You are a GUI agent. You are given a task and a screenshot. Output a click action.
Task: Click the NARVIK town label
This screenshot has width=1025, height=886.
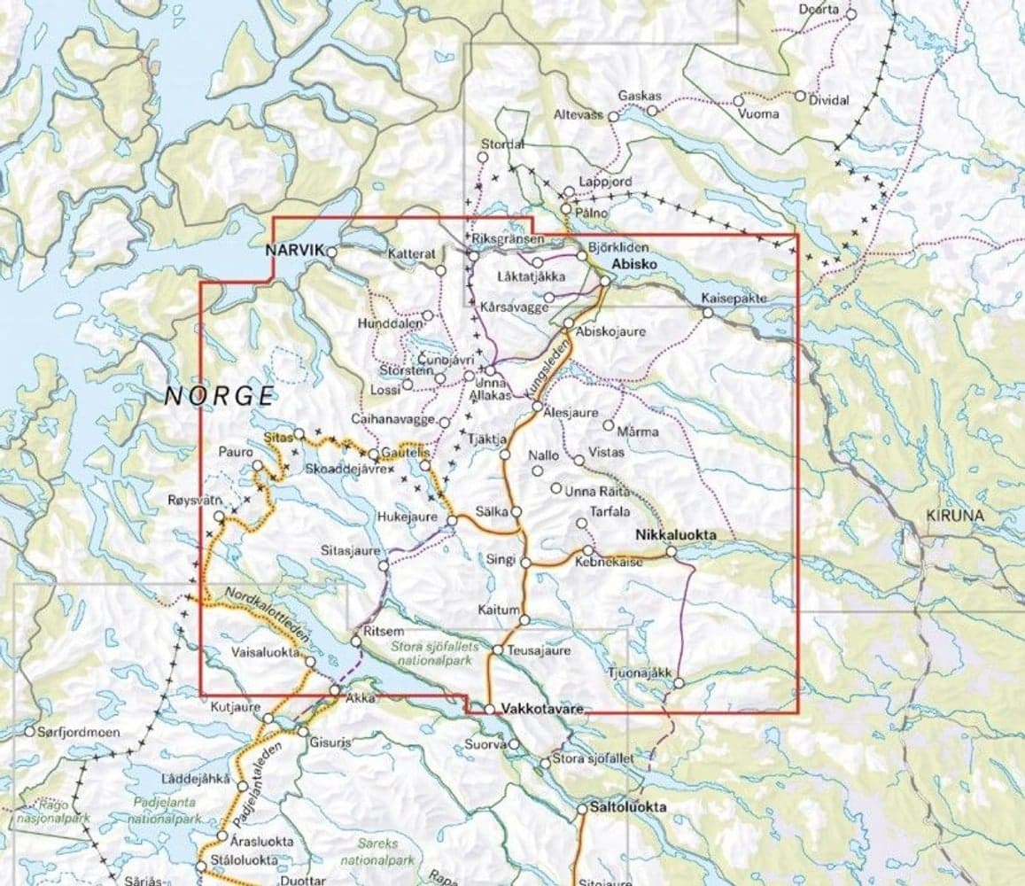296,252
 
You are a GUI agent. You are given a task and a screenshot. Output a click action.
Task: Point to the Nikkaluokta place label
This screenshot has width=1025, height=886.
674,536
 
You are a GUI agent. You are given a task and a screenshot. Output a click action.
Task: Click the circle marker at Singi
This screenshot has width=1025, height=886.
525,563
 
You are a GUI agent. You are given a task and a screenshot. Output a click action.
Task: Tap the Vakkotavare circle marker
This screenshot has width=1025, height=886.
489,709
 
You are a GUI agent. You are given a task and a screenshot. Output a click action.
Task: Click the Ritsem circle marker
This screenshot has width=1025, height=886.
357,641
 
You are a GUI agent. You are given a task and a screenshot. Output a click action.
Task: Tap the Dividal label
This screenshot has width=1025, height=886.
829,100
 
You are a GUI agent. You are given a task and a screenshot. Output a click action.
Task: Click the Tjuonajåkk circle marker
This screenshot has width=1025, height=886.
679,683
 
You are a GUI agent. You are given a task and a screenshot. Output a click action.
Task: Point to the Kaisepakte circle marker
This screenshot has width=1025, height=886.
707,312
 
